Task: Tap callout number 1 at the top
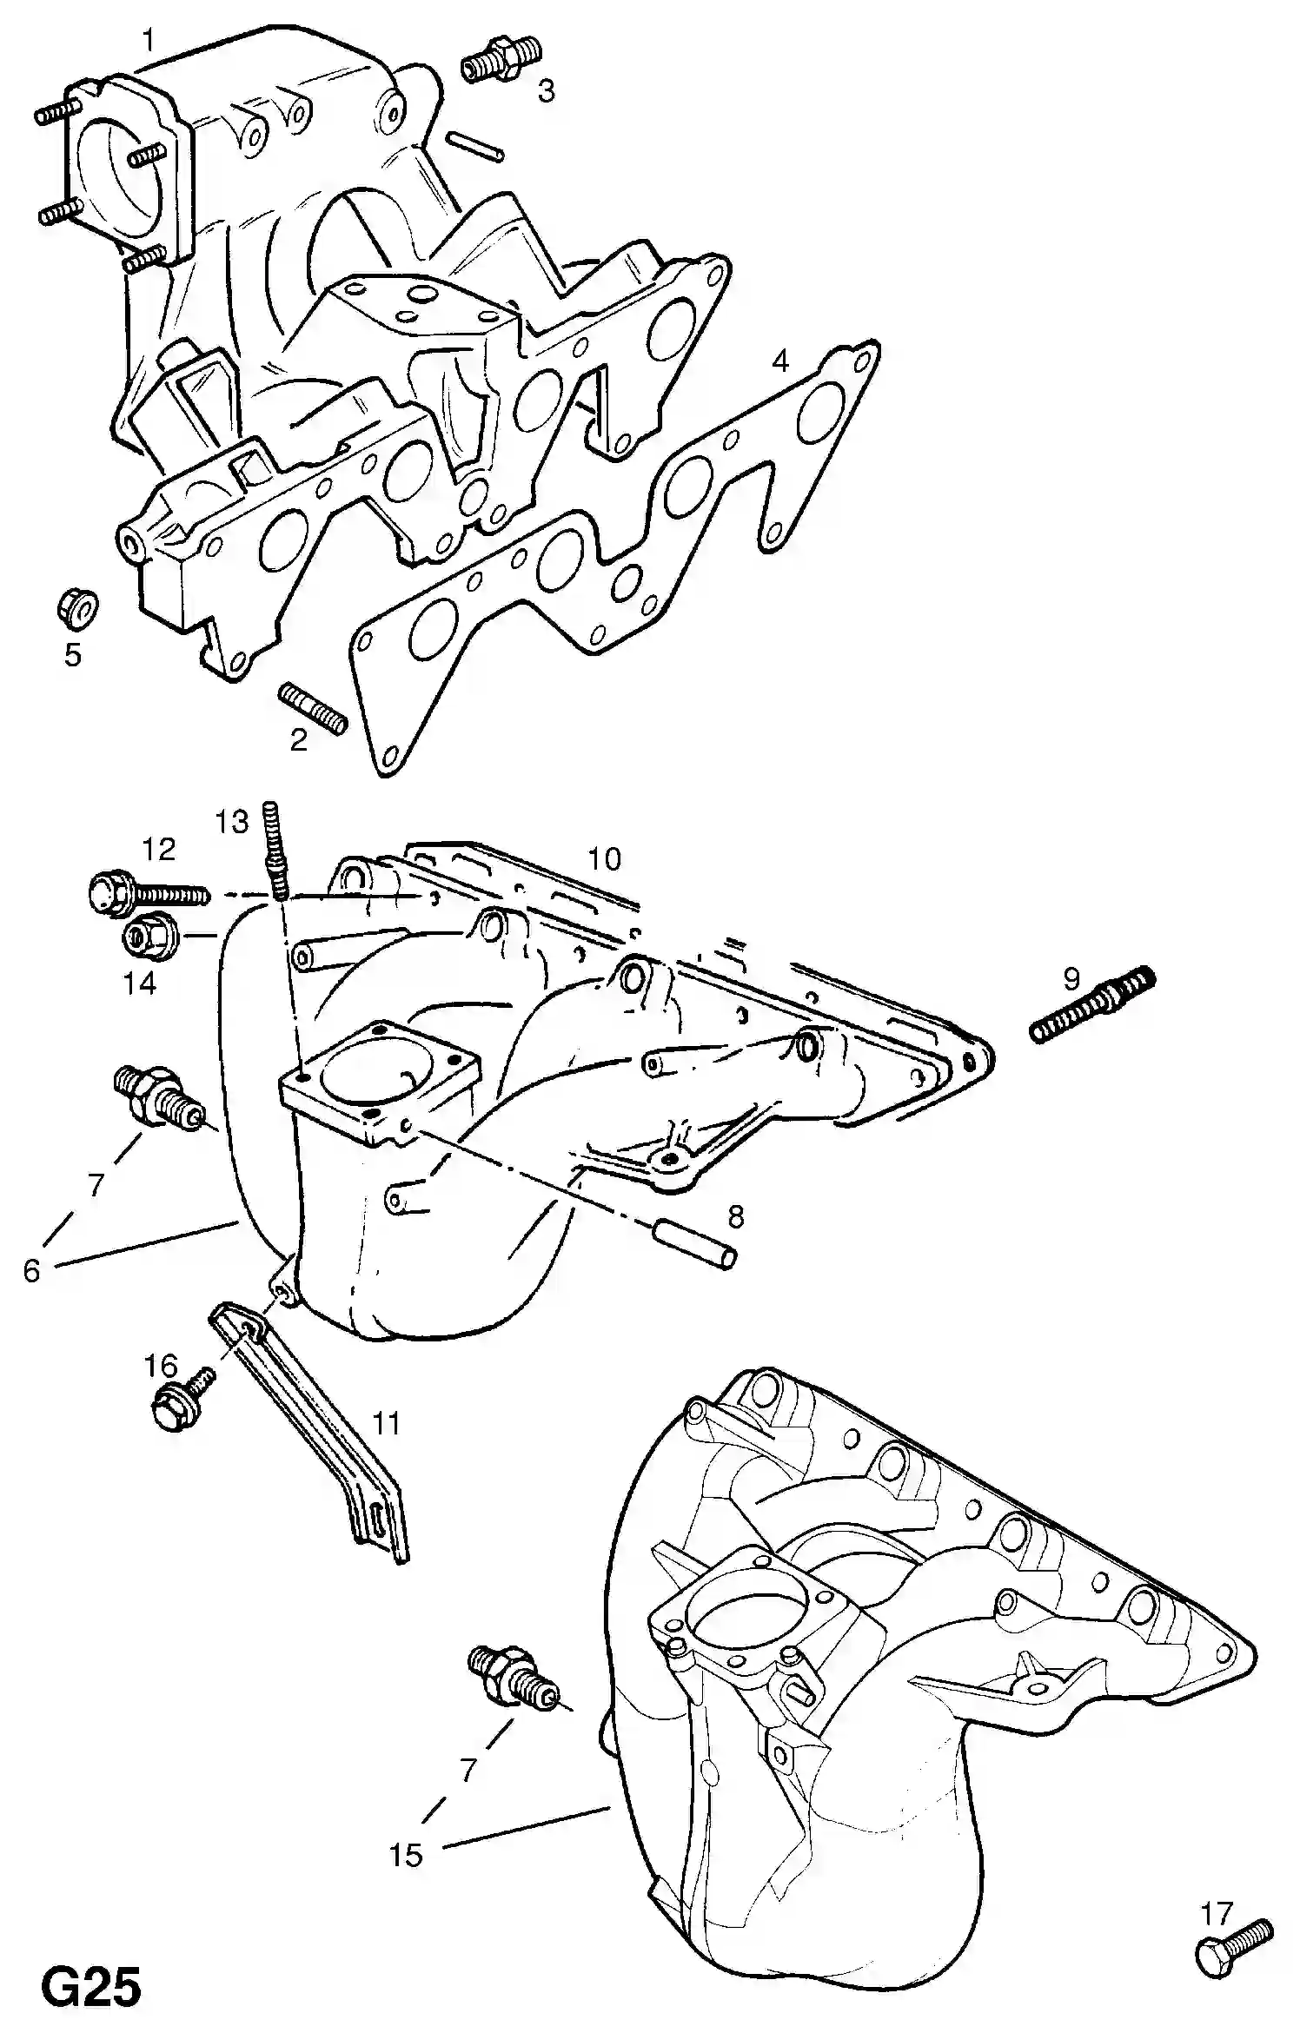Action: [x=149, y=40]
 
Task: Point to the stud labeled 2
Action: [x=313, y=708]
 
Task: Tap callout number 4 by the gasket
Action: [x=781, y=360]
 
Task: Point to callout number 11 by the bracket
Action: [x=386, y=1423]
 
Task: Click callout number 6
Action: [x=32, y=1270]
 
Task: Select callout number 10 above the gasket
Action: [x=605, y=859]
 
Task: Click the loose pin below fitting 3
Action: [x=474, y=146]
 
